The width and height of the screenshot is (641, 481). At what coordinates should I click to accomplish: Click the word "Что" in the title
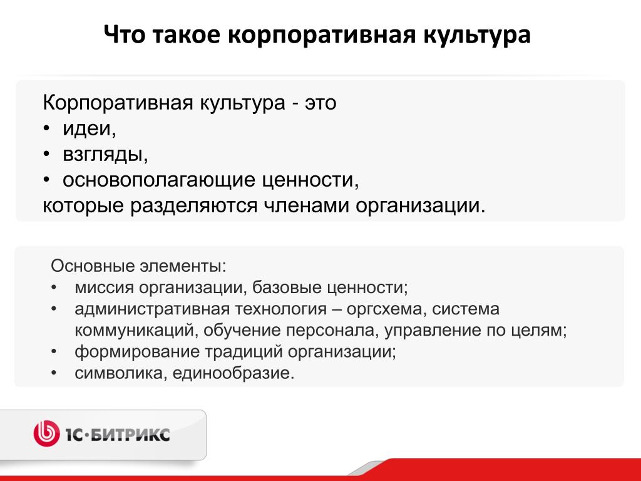[125, 34]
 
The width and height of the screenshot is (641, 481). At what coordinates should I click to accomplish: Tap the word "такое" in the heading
[187, 34]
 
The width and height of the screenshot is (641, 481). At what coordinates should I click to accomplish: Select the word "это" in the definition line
[320, 103]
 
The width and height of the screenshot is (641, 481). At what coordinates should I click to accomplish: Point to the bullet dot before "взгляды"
[46, 155]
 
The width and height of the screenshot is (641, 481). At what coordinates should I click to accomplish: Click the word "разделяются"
[194, 205]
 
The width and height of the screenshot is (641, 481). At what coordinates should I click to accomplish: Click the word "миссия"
[104, 287]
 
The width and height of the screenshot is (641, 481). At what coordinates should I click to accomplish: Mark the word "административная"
[152, 309]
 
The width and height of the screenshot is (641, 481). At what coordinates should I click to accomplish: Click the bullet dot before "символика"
[54, 373]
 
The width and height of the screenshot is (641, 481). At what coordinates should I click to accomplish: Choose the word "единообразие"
[233, 373]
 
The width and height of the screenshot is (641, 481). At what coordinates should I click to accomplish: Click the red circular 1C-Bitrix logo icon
[46, 433]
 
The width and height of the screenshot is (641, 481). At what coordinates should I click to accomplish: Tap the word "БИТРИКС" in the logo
[129, 435]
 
